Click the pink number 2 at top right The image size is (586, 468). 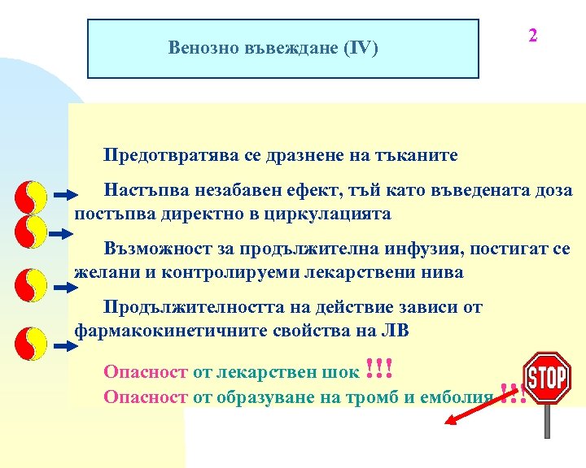point(532,36)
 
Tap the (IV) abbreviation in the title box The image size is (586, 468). point(359,48)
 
